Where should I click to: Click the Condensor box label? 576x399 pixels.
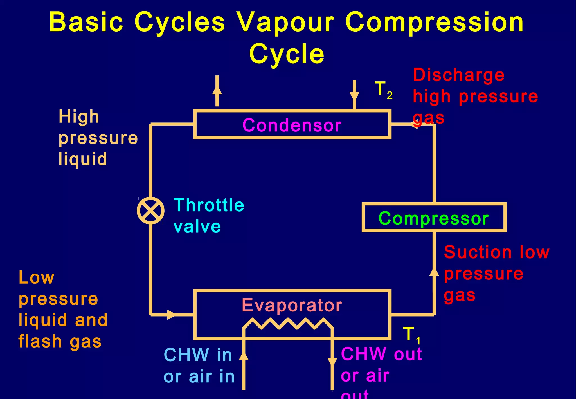pos(292,125)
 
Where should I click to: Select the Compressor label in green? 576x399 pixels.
pos(433,218)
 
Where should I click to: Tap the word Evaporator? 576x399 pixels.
pos(292,305)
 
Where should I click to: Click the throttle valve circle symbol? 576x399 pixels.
pos(151,211)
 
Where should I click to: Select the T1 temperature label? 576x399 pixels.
pos(411,335)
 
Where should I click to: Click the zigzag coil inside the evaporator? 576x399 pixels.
pos(288,324)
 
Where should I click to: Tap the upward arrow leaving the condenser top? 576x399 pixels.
pos(217,90)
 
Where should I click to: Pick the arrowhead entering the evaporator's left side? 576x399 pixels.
pos(171,315)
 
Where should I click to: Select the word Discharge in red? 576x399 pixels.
pos(458,75)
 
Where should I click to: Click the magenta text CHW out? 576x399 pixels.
pos(381,354)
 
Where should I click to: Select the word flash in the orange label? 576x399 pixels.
pos(40,341)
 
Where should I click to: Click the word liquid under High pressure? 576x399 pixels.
pos(83,159)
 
